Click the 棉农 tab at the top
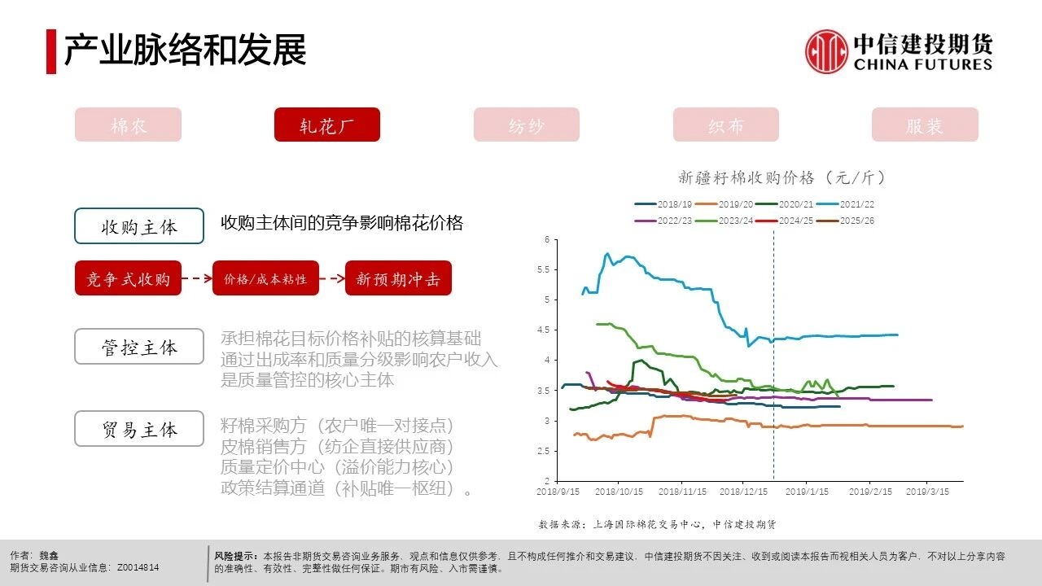point(128,125)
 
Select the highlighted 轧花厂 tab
point(327,125)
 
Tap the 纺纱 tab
point(526,125)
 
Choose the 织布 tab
point(725,125)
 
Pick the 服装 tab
point(924,125)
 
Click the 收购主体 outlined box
point(139,225)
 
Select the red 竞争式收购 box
point(128,278)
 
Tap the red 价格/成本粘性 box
point(265,278)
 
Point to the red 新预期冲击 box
point(398,278)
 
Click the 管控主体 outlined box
point(139,347)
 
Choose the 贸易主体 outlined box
point(139,429)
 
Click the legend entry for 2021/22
point(850,204)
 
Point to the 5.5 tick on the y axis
point(546,269)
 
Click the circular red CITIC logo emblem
point(826,51)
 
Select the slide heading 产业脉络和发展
point(185,50)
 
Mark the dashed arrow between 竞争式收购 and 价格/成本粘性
point(196,278)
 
